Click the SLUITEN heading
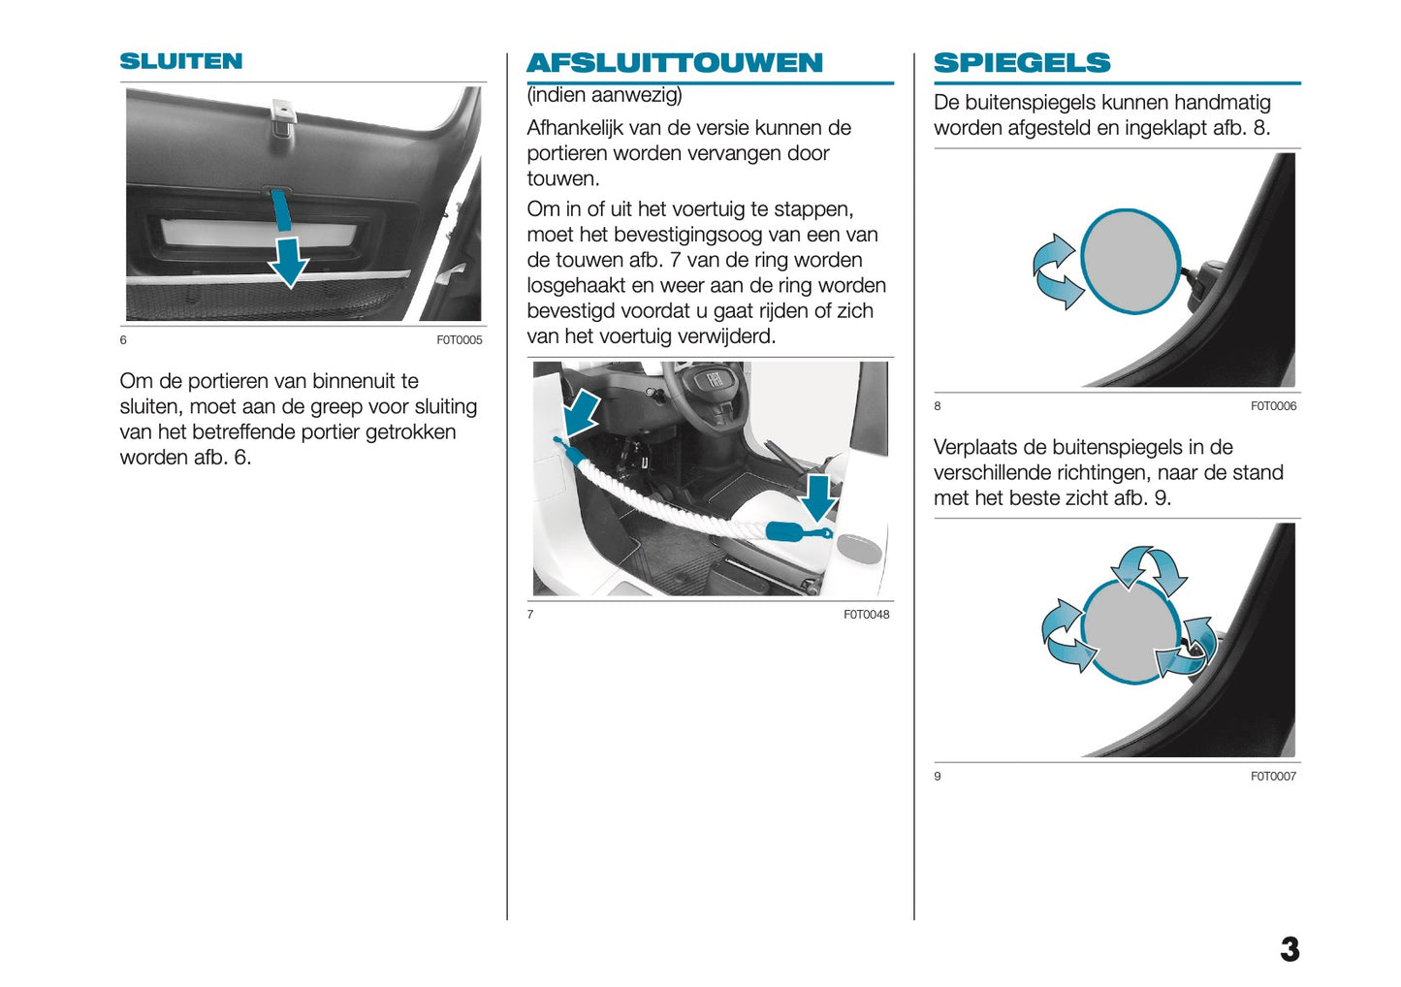click(x=181, y=61)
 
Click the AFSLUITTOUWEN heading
click(x=674, y=63)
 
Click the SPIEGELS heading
click(x=1022, y=63)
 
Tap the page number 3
click(x=1290, y=949)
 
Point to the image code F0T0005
click(x=459, y=340)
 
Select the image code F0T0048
click(x=866, y=615)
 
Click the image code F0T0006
click(x=1273, y=406)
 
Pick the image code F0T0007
click(x=1273, y=777)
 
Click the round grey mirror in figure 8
click(x=1130, y=262)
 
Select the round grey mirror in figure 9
click(x=1130, y=631)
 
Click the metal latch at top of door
click(x=282, y=114)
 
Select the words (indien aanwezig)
click(x=604, y=95)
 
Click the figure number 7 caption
click(x=530, y=615)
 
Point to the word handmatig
click(x=1222, y=103)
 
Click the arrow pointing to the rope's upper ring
click(x=582, y=412)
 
